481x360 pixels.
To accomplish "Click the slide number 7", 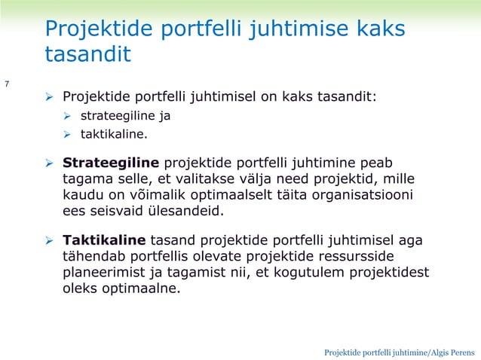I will [7, 83].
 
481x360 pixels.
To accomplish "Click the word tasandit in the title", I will [87, 54].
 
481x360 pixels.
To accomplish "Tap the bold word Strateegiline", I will [111, 163].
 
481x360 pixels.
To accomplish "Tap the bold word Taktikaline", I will [104, 240].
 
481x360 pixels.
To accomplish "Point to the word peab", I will [378, 163].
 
